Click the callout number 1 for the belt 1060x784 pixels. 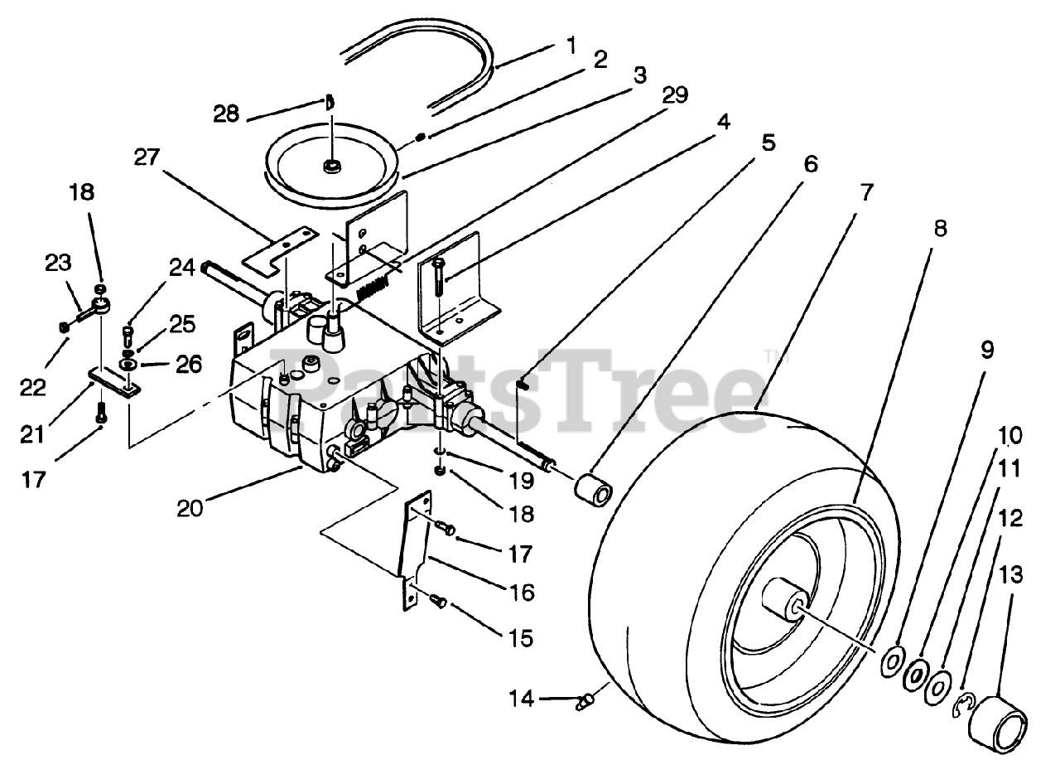(x=571, y=44)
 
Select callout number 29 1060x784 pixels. (x=675, y=96)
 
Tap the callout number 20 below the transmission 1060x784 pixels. (x=190, y=507)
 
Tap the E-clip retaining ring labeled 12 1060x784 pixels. (x=963, y=705)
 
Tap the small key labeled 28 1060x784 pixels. (x=329, y=103)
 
